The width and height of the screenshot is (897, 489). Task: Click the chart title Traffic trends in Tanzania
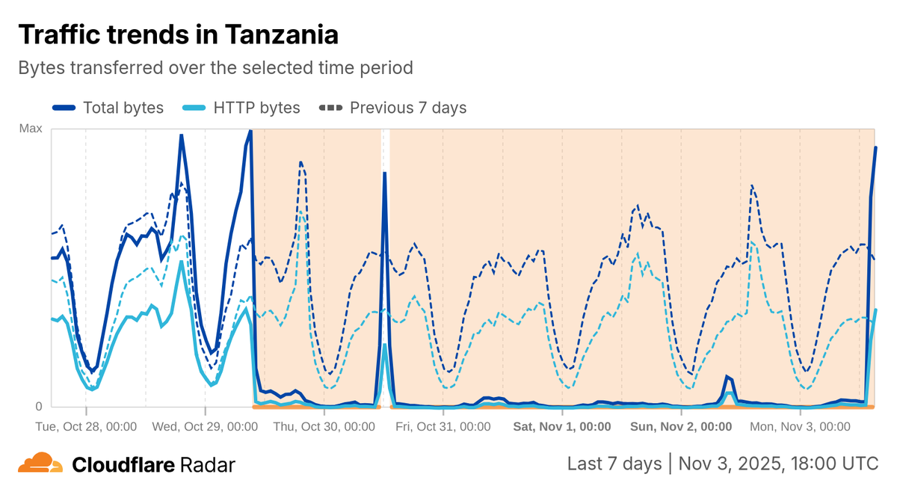pyautogui.click(x=178, y=34)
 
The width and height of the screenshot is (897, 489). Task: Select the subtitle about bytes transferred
pyautogui.click(x=215, y=67)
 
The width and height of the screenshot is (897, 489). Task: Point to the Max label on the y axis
pyautogui.click(x=31, y=129)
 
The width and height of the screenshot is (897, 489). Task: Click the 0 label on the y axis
pyautogui.click(x=39, y=407)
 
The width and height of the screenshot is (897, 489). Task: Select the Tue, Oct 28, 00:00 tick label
pyautogui.click(x=87, y=427)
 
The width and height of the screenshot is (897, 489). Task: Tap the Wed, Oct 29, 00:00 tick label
pyautogui.click(x=206, y=427)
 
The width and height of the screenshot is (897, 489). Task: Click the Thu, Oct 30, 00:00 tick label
pyautogui.click(x=324, y=427)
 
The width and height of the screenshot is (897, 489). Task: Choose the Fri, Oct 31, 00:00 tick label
pyautogui.click(x=443, y=427)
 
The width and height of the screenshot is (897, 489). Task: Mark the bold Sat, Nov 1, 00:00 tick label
pyautogui.click(x=561, y=427)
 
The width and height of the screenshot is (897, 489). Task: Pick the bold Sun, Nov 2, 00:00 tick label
pyautogui.click(x=681, y=427)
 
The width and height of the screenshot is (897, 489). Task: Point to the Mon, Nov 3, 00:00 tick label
pyautogui.click(x=800, y=427)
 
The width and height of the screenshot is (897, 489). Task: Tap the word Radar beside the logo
pyautogui.click(x=208, y=465)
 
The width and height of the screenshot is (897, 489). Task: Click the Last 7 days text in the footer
pyautogui.click(x=614, y=464)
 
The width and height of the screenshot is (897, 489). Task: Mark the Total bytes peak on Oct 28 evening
pyautogui.click(x=181, y=135)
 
